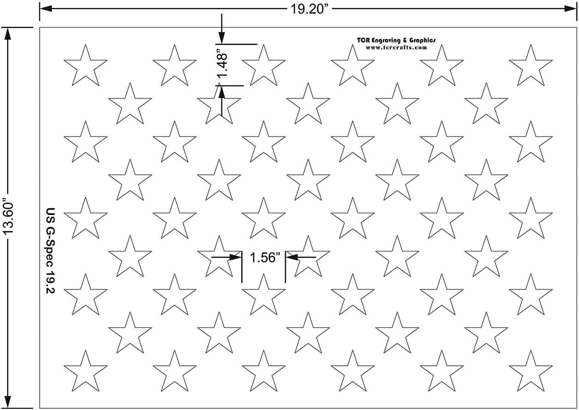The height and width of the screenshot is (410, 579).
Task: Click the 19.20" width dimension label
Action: pos(309,9)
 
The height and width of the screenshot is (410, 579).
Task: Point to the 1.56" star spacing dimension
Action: pos(263,258)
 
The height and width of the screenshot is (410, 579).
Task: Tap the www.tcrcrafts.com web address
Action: pos(395,47)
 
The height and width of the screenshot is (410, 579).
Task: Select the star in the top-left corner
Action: pos(85,66)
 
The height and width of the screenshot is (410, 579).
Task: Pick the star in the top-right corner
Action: pos(530,66)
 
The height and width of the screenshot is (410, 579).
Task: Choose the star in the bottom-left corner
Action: pos(85,371)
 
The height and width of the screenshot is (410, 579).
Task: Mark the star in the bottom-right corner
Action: pos(530,371)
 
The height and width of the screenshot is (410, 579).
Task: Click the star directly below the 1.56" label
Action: pos(263,295)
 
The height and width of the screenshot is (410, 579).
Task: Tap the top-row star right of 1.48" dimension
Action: pos(263,66)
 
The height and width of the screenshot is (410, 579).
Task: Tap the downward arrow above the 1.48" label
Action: pos(222,39)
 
